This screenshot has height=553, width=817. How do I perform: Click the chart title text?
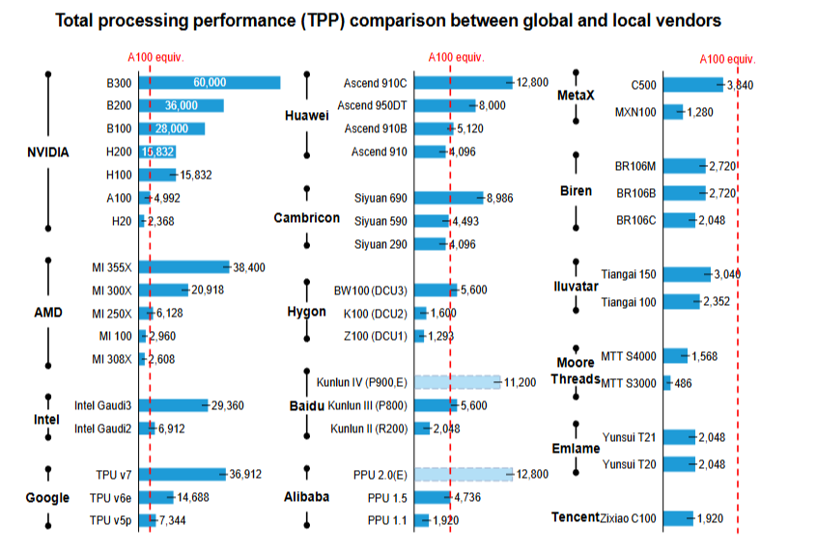click(x=388, y=19)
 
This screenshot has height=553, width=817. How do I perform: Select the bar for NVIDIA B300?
click(x=210, y=82)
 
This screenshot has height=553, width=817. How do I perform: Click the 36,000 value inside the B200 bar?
click(x=182, y=105)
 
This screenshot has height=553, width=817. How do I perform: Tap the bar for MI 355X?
click(x=184, y=267)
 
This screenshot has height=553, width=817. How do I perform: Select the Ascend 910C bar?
click(x=464, y=82)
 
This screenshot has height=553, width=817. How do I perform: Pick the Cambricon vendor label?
click(x=306, y=218)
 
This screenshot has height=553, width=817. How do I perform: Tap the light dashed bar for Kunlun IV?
click(x=458, y=382)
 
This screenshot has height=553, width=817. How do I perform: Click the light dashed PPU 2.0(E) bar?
click(x=464, y=474)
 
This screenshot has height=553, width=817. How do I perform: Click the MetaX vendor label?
click(x=576, y=97)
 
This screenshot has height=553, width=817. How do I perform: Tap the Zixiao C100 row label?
click(x=629, y=518)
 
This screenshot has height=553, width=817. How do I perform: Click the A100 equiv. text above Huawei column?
click(x=456, y=57)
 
